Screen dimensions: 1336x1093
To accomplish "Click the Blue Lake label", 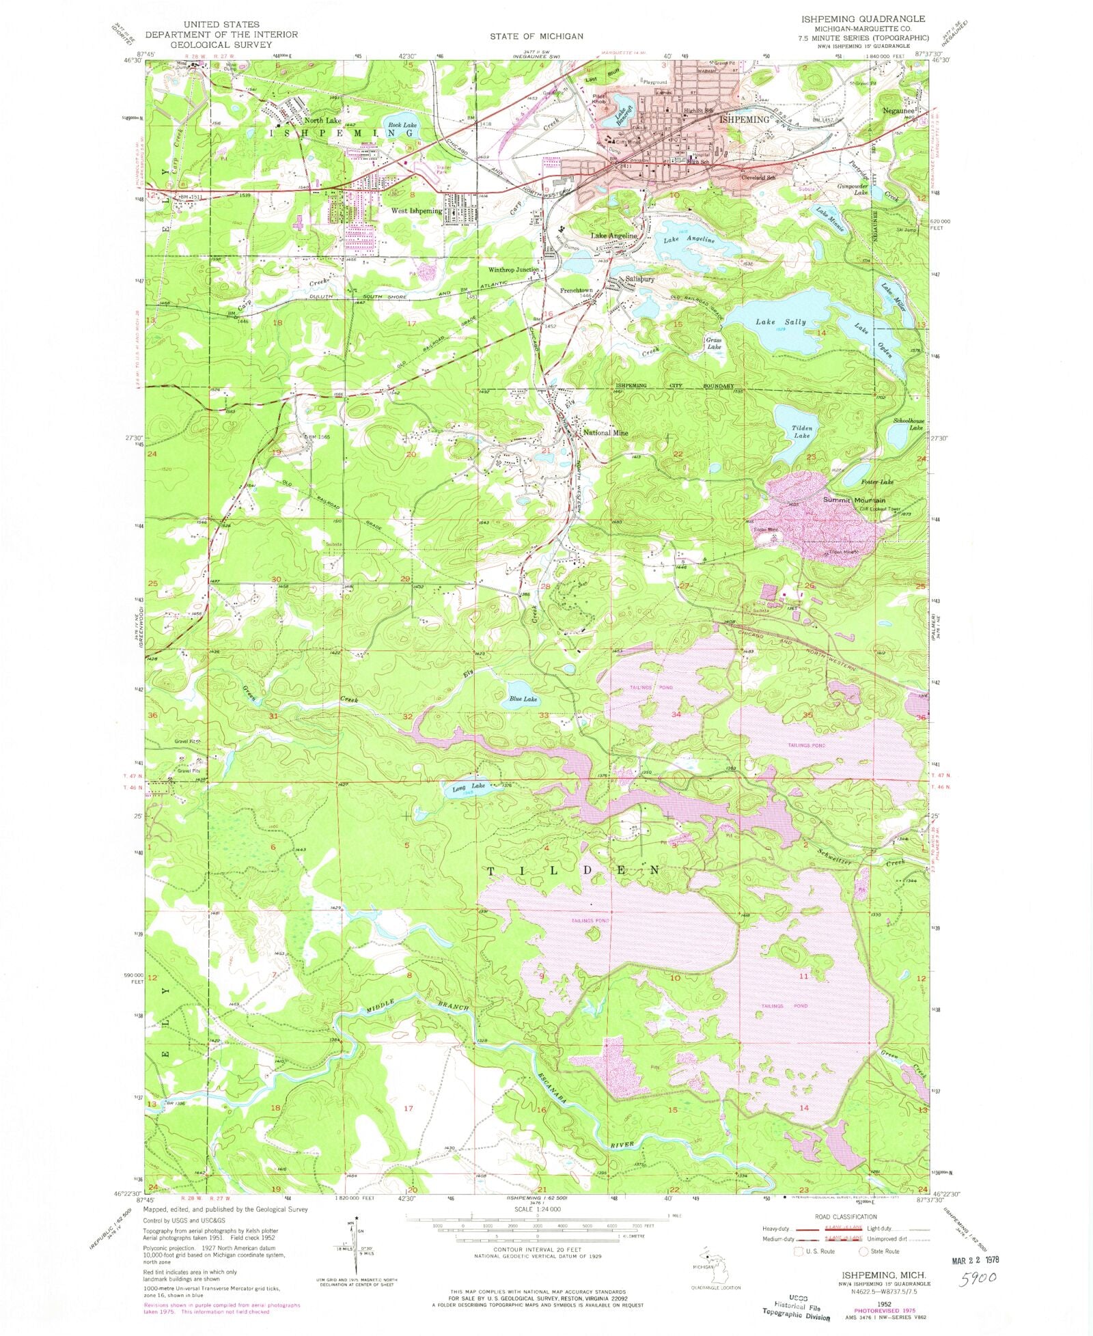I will (523, 699).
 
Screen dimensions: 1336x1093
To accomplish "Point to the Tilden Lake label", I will (801, 432).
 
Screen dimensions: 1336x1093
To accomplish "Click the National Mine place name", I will (605, 433).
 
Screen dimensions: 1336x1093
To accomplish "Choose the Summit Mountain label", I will (854, 501).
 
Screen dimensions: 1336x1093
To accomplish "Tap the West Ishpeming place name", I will (416, 211).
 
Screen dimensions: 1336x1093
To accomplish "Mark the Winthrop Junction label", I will (514, 270).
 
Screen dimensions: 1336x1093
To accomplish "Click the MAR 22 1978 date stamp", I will (971, 1257).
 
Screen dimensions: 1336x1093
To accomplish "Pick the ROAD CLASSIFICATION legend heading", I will (846, 1216).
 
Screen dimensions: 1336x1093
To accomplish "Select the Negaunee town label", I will (897, 109).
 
